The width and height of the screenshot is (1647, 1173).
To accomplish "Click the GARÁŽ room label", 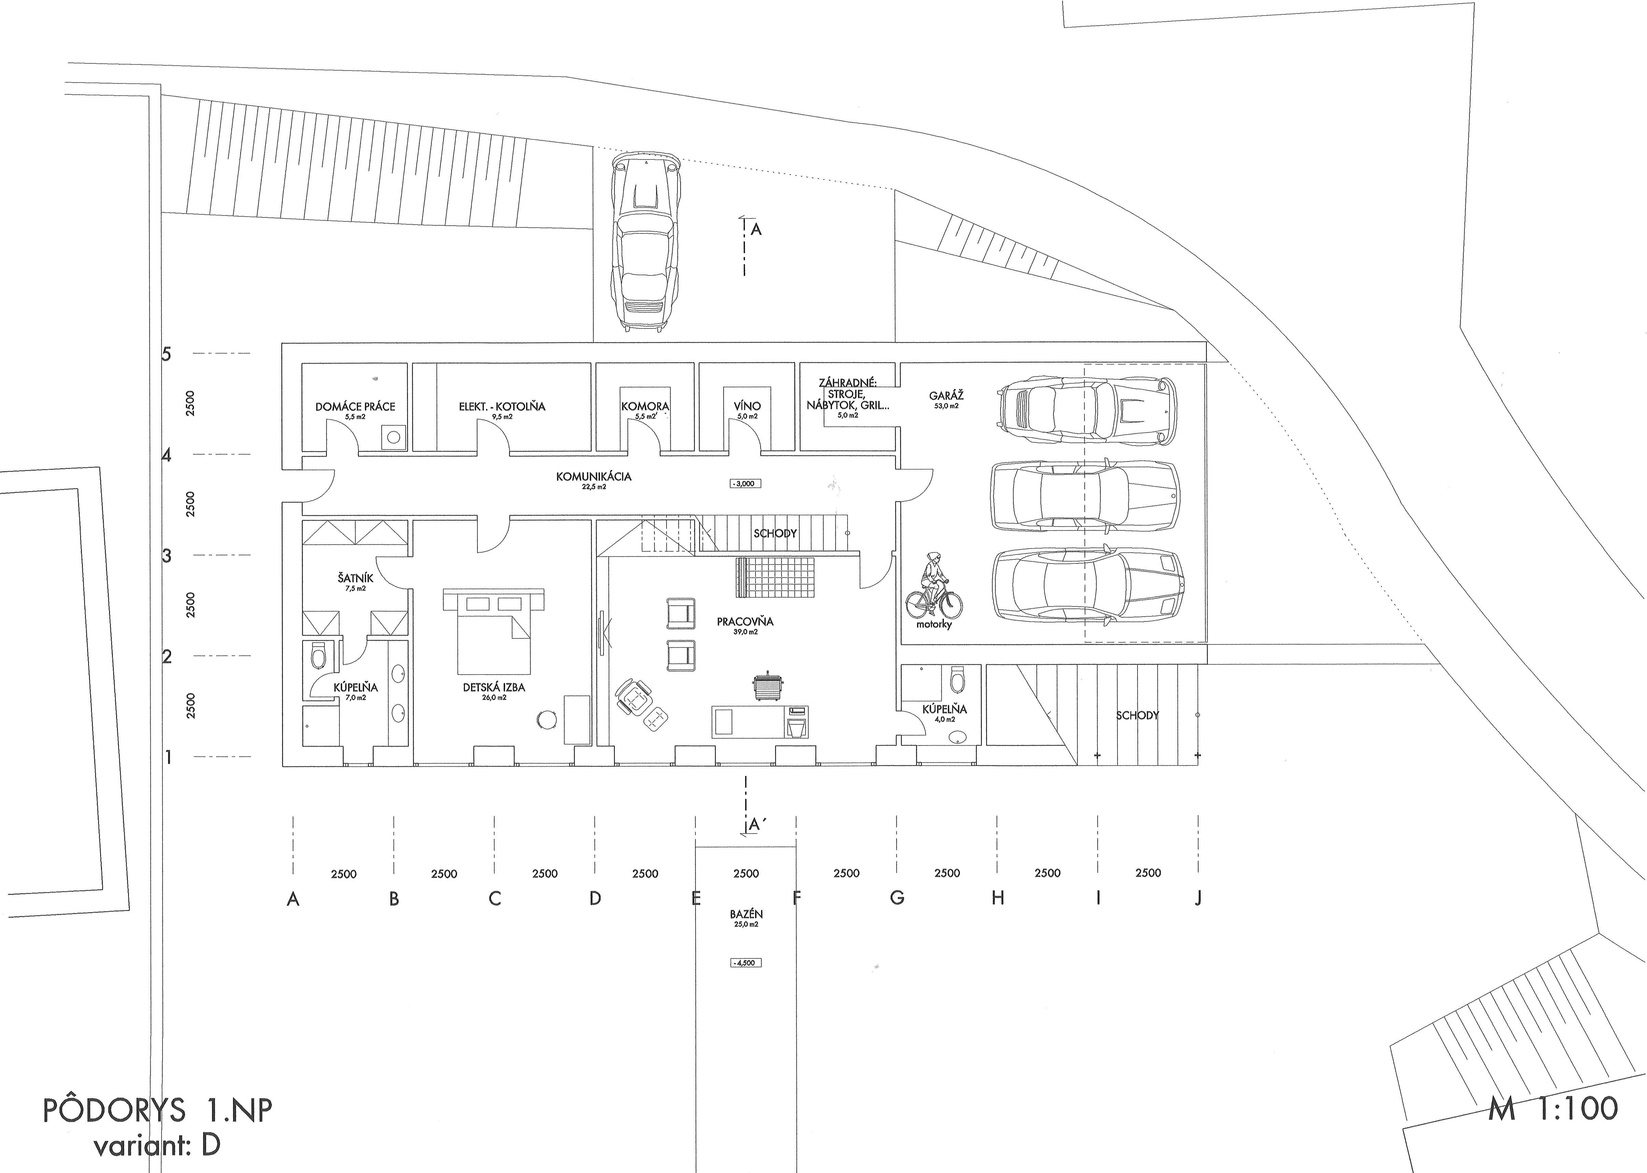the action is [x=946, y=396].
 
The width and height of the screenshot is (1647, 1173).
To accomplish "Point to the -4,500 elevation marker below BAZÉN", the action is [x=746, y=963].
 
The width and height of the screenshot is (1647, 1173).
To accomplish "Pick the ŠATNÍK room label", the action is [x=355, y=578].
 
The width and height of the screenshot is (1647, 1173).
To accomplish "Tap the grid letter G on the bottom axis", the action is [x=897, y=898].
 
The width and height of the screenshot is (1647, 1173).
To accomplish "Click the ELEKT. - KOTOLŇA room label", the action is [x=502, y=407].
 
